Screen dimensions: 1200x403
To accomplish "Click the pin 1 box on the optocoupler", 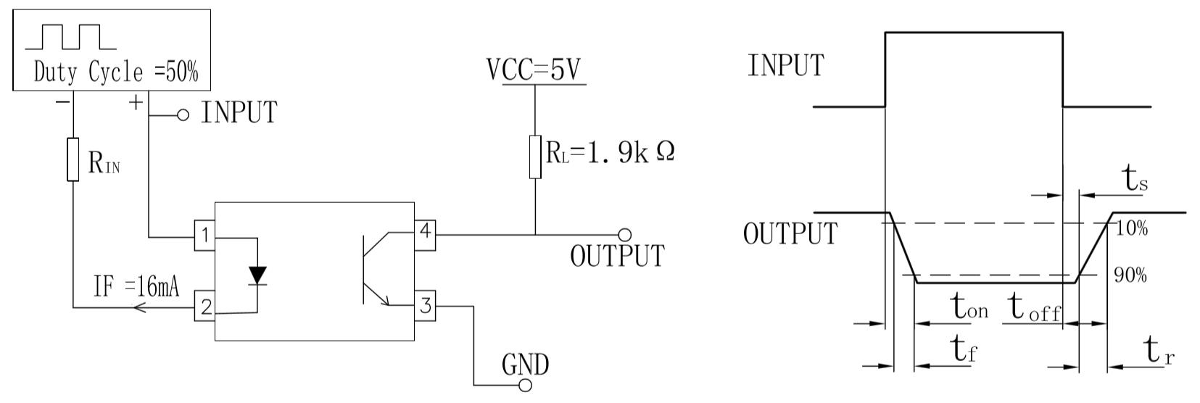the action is click(x=204, y=235).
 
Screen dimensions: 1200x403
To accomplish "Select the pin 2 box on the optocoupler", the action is click(x=204, y=306).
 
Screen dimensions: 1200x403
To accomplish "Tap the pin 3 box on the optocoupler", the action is click(x=425, y=306).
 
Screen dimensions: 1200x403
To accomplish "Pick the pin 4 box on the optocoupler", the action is click(x=425, y=235).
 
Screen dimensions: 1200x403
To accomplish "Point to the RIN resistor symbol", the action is click(x=73, y=159).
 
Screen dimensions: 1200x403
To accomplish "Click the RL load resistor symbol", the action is click(x=535, y=157).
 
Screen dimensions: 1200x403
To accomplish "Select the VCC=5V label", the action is click(x=534, y=70).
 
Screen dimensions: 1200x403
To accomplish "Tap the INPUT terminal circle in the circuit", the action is click(x=183, y=115).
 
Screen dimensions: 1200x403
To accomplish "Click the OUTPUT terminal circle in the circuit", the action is click(x=624, y=234).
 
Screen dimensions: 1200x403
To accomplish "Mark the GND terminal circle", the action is click(x=525, y=385).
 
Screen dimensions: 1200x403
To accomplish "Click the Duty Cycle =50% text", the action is click(x=116, y=72).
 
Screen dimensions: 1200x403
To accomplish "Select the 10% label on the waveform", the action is click(x=1131, y=228).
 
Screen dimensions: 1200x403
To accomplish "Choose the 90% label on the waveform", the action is click(x=1130, y=275).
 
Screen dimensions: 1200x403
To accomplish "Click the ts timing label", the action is click(x=1135, y=179).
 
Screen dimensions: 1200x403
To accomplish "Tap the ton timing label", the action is click(x=969, y=307).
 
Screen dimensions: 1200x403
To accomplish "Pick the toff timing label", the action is click(x=1035, y=308).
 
